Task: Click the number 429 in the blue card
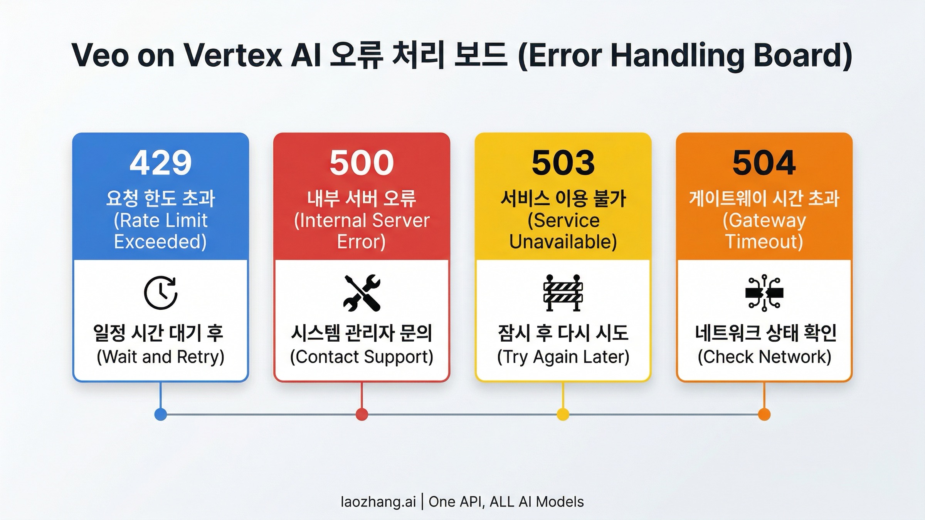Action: [160, 163]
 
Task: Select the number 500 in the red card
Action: [362, 163]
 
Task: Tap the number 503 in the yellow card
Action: [563, 163]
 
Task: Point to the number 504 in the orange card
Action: [764, 163]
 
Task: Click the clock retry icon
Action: [161, 293]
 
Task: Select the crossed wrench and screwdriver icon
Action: [362, 293]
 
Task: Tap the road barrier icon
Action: [563, 293]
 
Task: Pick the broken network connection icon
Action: [764, 293]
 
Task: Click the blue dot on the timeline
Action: [161, 414]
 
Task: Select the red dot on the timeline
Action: [362, 414]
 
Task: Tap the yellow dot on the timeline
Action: [563, 414]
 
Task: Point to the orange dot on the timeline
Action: [764, 414]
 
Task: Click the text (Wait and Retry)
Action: [160, 357]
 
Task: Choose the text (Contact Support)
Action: [362, 357]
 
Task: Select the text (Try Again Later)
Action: [563, 357]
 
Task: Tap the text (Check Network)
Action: [764, 357]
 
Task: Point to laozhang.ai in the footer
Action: [378, 502]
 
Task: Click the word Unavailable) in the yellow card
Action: [563, 242]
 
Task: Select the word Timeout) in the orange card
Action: [764, 242]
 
